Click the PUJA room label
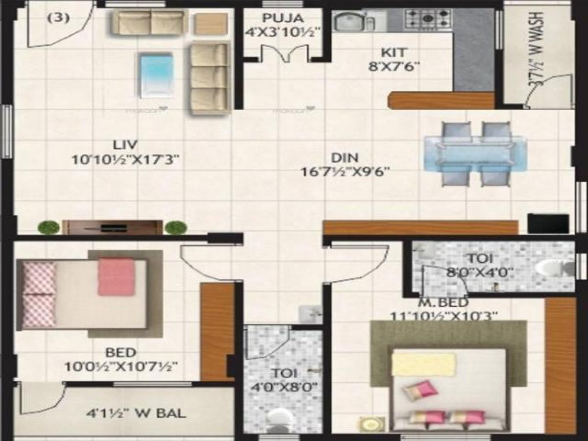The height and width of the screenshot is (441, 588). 283,19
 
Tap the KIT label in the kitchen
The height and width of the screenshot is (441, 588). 394,52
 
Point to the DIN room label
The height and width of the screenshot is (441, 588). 345,158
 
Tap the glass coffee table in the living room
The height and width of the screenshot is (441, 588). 156,75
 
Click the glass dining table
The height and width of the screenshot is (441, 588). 475,154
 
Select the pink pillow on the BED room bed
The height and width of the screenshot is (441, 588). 116,277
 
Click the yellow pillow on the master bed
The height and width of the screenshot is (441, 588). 423,364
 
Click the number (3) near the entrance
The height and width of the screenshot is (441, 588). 58,19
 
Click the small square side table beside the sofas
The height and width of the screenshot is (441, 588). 211,24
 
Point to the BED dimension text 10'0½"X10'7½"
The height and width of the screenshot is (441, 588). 121,366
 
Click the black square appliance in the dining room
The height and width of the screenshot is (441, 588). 548,223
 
